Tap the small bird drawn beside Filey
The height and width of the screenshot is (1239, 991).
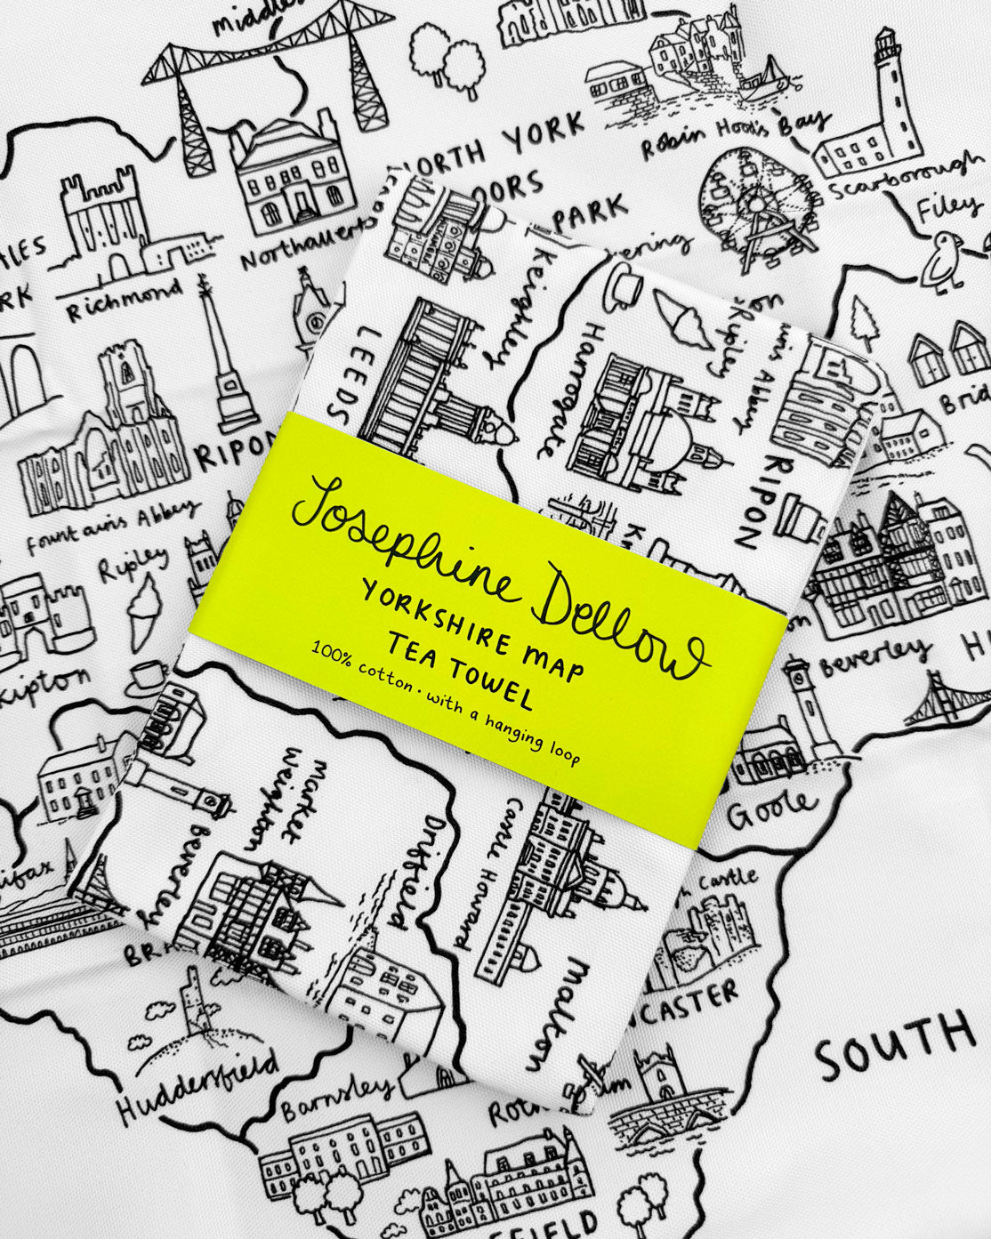943,258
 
